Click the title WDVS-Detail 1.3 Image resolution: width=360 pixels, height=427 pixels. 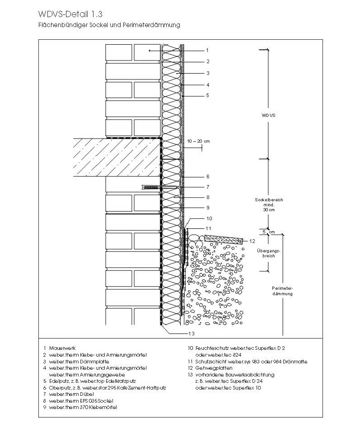pyautogui.click(x=70, y=14)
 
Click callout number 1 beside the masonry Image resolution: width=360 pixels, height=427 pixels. pyautogui.click(x=207, y=51)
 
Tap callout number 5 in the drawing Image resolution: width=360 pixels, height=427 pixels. pyautogui.click(x=207, y=95)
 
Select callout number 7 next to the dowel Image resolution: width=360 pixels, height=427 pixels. pyautogui.click(x=208, y=187)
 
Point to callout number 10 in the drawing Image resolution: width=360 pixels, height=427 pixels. pyautogui.click(x=209, y=218)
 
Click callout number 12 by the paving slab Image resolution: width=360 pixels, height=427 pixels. pyautogui.click(x=252, y=241)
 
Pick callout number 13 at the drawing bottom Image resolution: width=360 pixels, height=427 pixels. pyautogui.click(x=192, y=334)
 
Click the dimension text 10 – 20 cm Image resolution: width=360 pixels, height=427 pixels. pyautogui.click(x=198, y=141)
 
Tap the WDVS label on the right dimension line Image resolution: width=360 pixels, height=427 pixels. pyautogui.click(x=268, y=116)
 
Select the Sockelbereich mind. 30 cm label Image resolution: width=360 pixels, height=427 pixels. pyautogui.click(x=269, y=204)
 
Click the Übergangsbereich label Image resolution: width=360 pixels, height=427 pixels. pyautogui.click(x=268, y=253)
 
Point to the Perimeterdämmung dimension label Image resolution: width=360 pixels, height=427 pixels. pyautogui.click(x=282, y=291)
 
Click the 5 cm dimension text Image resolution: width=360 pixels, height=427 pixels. pyautogui.click(x=269, y=232)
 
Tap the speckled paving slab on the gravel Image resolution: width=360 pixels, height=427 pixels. pyautogui.click(x=224, y=239)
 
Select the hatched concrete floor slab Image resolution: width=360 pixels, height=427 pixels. pyautogui.click(x=117, y=157)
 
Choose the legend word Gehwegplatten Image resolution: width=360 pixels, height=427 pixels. pyautogui.click(x=214, y=368)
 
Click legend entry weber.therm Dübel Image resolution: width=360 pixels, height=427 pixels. pyautogui.click(x=71, y=394)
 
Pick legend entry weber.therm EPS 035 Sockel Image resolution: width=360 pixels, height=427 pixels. pyautogui.click(x=81, y=401)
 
